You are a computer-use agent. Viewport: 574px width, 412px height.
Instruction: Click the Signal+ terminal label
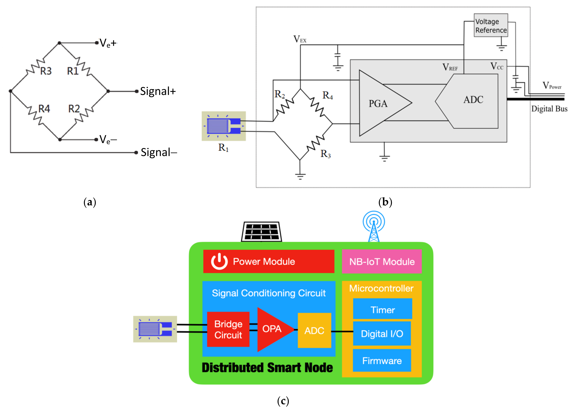coord(158,91)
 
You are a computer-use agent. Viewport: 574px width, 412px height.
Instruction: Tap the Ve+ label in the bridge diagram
coord(108,43)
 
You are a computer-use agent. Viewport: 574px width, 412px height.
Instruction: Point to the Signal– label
coord(159,153)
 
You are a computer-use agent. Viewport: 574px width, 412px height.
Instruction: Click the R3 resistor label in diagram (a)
coord(46,71)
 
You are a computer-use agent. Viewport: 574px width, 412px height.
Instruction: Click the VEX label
coord(300,39)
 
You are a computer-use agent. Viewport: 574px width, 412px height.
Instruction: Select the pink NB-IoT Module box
coord(382,262)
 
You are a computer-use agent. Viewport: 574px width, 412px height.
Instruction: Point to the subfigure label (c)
coord(283,401)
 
